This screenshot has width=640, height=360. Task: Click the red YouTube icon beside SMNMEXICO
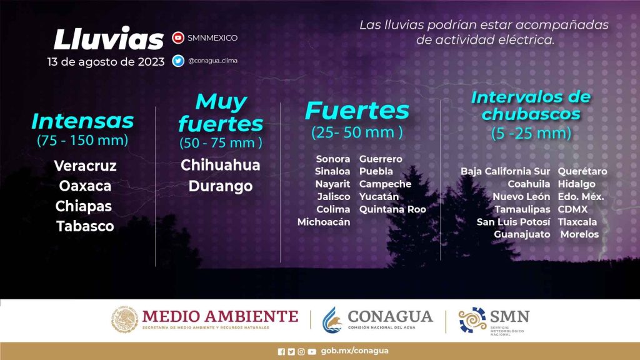[x=178, y=37]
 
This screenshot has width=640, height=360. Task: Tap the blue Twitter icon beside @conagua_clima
[x=178, y=61]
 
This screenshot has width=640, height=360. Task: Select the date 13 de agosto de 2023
[x=106, y=62]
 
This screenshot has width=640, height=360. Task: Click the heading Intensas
[x=82, y=121]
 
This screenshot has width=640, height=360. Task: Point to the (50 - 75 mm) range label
[x=221, y=142]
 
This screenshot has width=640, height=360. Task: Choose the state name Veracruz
[x=85, y=166]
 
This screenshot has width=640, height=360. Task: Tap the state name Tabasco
[x=85, y=226]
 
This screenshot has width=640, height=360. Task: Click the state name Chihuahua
[x=221, y=165]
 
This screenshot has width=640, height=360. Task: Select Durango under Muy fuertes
[x=221, y=186]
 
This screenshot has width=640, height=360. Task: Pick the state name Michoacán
[x=324, y=222]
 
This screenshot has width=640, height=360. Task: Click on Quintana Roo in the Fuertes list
[x=392, y=209]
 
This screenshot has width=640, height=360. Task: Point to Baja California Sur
[x=505, y=171]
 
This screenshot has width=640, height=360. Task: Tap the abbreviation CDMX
[x=572, y=209]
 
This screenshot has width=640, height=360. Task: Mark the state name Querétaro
[x=582, y=171]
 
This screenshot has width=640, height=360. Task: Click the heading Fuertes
[x=357, y=111]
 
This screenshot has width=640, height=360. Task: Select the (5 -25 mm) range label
[x=531, y=133]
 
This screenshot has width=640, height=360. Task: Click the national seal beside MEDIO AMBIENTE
[x=124, y=319]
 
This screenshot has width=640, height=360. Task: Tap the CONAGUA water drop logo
[x=332, y=319]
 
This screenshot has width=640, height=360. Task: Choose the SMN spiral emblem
[x=472, y=319]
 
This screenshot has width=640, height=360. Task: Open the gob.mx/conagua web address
[x=355, y=351]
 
